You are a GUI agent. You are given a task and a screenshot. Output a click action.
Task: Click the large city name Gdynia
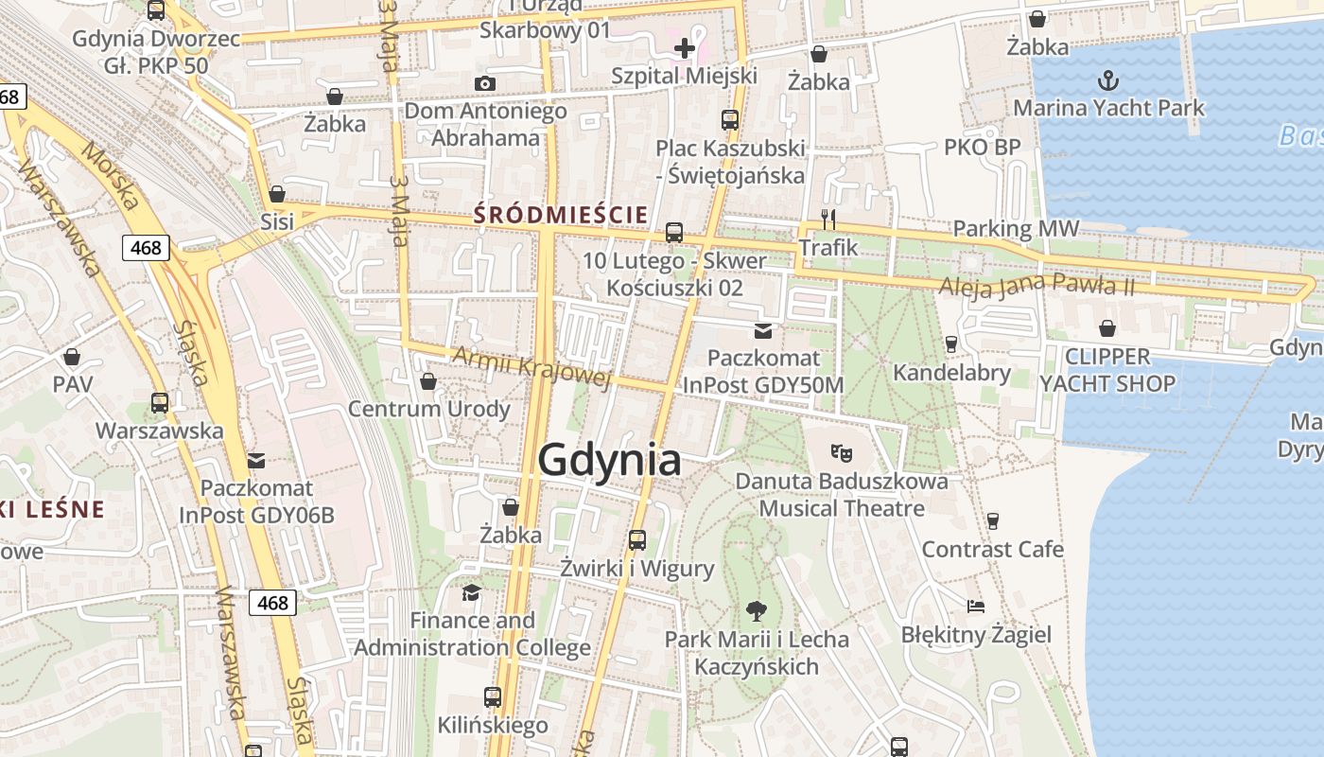(x=609, y=460)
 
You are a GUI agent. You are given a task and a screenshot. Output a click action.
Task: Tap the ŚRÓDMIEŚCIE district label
(x=561, y=215)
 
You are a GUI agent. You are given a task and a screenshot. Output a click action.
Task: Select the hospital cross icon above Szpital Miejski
(x=685, y=47)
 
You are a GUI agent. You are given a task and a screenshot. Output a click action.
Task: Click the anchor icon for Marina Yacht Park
(x=1107, y=79)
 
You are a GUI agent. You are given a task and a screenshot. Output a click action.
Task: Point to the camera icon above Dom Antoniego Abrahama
(x=485, y=83)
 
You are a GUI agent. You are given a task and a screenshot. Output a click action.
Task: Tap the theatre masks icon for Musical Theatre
(x=841, y=452)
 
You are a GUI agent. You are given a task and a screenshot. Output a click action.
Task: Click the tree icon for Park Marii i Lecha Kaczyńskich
(x=756, y=610)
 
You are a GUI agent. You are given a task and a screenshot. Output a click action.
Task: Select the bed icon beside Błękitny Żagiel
(x=976, y=606)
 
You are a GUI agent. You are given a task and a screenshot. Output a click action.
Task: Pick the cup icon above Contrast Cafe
(x=992, y=520)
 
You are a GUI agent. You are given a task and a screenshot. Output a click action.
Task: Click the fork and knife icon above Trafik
(x=828, y=220)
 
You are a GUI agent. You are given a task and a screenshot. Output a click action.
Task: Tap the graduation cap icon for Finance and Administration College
(x=471, y=592)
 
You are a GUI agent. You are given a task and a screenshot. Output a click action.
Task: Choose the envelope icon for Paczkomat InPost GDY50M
(x=763, y=330)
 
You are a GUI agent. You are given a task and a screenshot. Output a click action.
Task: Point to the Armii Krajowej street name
(x=531, y=366)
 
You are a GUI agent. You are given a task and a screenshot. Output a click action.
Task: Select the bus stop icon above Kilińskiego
(x=493, y=697)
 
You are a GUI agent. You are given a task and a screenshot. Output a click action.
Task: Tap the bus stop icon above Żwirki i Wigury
(x=637, y=540)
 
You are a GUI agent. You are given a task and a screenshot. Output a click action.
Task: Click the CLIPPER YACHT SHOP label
(x=1107, y=370)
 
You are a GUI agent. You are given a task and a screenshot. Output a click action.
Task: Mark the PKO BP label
(x=982, y=147)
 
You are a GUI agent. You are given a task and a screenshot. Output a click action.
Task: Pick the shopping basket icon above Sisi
(x=277, y=194)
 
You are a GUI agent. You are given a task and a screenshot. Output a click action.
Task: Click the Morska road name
(x=110, y=176)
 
